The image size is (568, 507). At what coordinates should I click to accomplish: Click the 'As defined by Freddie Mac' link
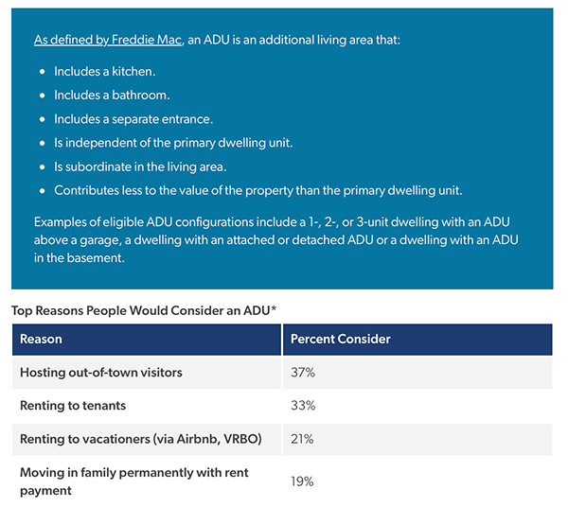tap(108, 40)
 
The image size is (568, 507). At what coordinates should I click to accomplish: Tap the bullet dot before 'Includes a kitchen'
tap(43, 72)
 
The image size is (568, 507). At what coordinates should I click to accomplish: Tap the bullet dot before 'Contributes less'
tap(43, 191)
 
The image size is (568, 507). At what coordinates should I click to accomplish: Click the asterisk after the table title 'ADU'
tap(274, 308)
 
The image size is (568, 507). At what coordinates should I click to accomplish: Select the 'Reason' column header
tap(41, 339)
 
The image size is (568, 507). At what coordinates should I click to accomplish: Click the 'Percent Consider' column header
tap(341, 339)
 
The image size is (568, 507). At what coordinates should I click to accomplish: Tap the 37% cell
tap(303, 373)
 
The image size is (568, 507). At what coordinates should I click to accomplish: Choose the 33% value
tap(303, 406)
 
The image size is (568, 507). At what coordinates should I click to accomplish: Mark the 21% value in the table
tap(302, 439)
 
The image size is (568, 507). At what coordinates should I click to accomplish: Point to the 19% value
tap(302, 481)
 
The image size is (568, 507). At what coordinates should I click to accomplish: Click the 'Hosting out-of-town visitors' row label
tap(101, 373)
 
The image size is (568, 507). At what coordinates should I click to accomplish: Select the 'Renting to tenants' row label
tap(73, 406)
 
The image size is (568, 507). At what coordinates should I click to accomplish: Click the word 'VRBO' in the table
tap(240, 439)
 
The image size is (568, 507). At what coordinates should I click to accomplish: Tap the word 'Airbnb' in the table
tap(198, 439)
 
